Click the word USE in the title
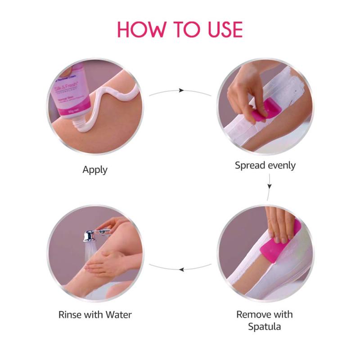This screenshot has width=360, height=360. pos(221,29)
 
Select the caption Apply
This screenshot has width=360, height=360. pos(95,170)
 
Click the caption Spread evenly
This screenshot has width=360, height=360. pos(265,165)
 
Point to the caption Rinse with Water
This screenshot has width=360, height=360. pos(95,314)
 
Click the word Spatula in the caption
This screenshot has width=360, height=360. pos(265,326)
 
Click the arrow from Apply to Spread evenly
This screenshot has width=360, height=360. pos(180,90)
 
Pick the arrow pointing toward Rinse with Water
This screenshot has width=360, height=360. pos(180,269)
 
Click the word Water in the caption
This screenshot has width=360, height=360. pos(119,314)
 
